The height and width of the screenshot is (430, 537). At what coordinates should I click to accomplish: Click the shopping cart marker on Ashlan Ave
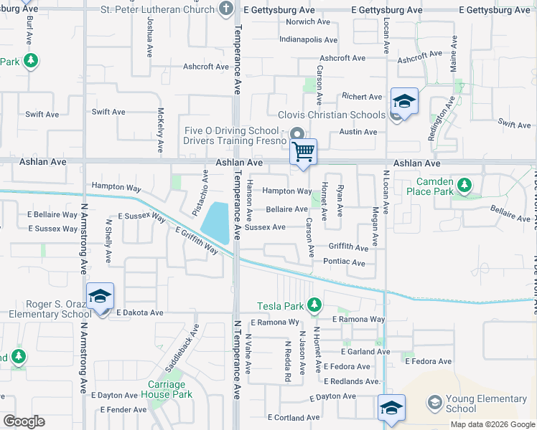point(304,153)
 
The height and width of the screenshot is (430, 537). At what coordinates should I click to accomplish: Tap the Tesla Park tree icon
point(314,306)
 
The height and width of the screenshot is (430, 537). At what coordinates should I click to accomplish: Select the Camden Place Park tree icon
point(464,186)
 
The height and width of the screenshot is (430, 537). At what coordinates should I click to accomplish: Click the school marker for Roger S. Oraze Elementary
point(100,297)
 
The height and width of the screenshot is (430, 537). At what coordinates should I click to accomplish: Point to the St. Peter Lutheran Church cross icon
point(227,9)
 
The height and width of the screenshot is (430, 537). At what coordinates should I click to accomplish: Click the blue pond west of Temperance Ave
point(215,222)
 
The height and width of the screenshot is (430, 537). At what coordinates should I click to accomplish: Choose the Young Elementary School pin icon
point(434,403)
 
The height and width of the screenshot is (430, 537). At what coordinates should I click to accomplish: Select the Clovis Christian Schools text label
point(332,115)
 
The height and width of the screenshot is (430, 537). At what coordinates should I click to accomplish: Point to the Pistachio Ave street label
point(204,185)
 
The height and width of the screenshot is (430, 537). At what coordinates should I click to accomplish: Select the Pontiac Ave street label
point(345,262)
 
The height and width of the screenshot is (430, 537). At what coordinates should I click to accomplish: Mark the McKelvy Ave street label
point(160,130)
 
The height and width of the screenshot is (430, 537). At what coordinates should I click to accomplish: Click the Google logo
point(24,421)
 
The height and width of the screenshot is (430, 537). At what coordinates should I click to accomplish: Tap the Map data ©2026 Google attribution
point(492,424)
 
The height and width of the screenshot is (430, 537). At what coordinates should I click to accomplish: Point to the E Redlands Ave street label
point(352,381)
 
